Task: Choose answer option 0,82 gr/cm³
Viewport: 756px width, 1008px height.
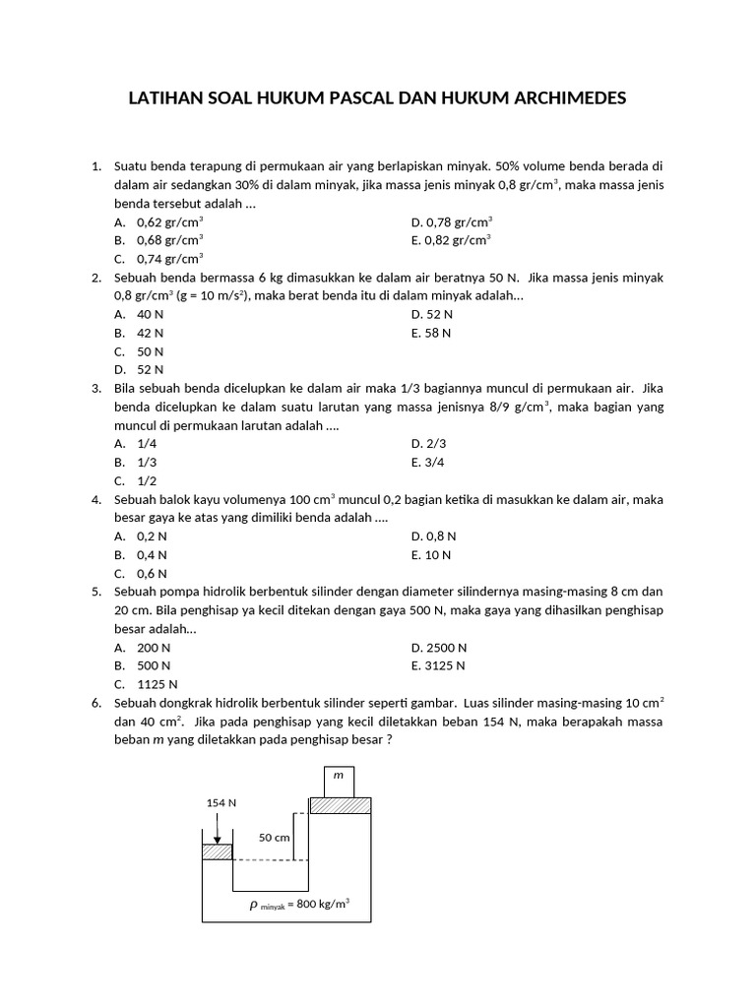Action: click(x=452, y=239)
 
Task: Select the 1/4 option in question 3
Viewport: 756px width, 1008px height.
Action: click(x=147, y=443)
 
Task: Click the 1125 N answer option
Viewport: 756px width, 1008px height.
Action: click(x=157, y=684)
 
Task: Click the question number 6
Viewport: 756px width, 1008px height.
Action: click(x=95, y=703)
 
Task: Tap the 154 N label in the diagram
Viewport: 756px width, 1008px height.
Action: click(x=220, y=802)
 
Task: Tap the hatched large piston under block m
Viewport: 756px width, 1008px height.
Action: click(x=341, y=805)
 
